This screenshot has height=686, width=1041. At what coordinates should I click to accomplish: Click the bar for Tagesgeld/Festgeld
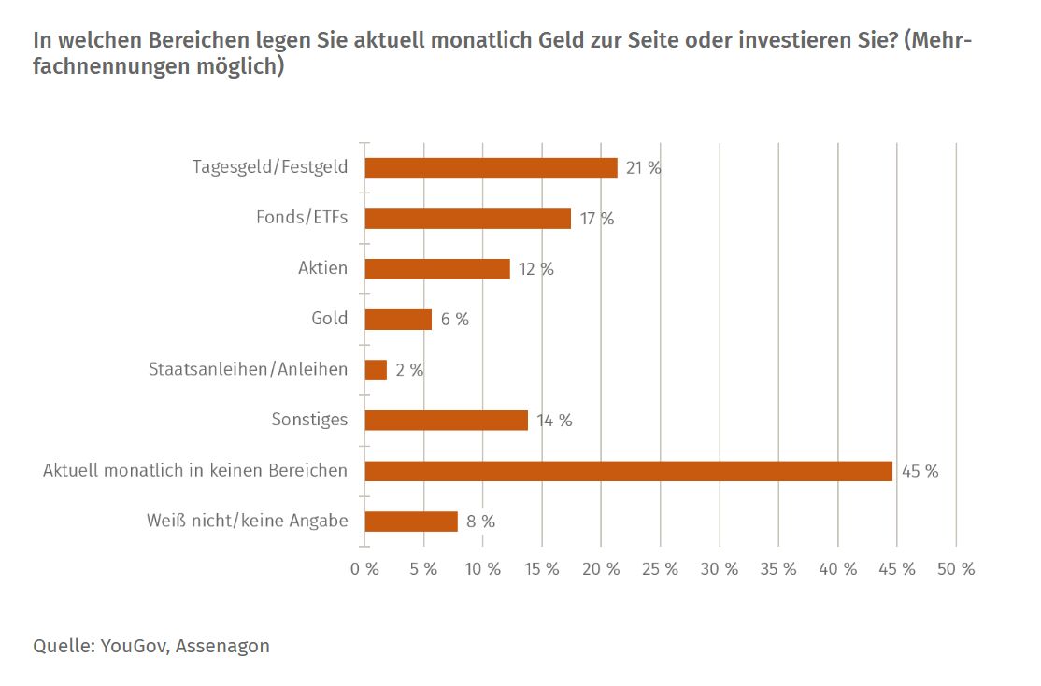click(x=491, y=168)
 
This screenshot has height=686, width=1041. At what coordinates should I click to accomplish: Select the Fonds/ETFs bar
click(x=467, y=219)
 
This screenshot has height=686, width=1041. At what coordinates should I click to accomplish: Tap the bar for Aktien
click(x=437, y=269)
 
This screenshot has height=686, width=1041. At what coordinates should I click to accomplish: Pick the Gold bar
click(x=398, y=320)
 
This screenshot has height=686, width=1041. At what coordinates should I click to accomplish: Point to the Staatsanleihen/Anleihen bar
click(x=376, y=370)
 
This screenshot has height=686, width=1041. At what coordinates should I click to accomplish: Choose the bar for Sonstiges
click(x=446, y=421)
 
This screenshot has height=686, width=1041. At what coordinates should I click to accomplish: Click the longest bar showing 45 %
click(x=628, y=471)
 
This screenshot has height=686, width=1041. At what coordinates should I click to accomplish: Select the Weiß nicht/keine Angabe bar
click(x=411, y=522)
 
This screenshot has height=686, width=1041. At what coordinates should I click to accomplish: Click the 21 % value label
click(x=644, y=168)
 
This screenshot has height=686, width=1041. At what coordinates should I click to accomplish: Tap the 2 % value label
click(x=409, y=370)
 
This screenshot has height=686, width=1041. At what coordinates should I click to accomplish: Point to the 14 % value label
click(x=554, y=421)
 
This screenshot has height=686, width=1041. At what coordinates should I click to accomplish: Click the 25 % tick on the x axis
click(x=661, y=569)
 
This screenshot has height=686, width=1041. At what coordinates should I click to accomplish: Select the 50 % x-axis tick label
click(x=956, y=569)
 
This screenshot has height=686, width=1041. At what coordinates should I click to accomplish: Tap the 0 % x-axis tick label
click(x=364, y=569)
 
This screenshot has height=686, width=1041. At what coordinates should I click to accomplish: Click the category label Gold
click(x=330, y=319)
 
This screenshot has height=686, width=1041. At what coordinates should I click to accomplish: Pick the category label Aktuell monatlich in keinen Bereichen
click(x=195, y=470)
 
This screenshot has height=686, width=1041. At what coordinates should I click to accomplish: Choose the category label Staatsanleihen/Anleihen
click(x=249, y=369)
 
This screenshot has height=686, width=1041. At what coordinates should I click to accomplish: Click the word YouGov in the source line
click(x=131, y=646)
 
